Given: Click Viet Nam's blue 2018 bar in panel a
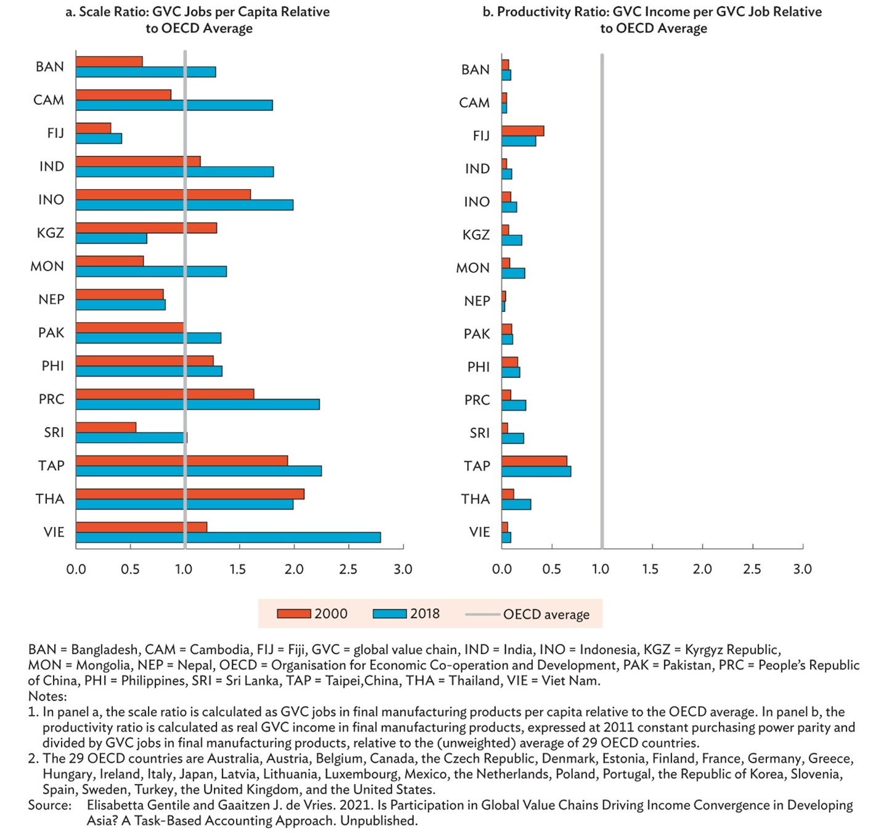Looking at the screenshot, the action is click(228, 537).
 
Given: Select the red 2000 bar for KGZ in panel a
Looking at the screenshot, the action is click(146, 228).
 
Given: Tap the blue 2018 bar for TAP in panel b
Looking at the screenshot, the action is click(536, 471).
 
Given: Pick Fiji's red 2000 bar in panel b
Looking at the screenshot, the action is click(522, 131).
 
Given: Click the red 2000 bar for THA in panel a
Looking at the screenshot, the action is click(190, 494).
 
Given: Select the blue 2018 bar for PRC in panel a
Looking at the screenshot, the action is click(198, 404).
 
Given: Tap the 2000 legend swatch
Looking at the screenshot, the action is click(293, 614).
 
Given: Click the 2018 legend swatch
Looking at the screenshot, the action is click(390, 614).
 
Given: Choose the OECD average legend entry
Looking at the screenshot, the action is click(527, 614).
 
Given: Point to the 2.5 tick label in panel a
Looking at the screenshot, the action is click(348, 569).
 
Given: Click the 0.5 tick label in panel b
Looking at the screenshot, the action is click(551, 569).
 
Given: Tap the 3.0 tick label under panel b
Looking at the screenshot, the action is click(802, 569).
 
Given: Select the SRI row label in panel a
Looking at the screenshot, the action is click(54, 432).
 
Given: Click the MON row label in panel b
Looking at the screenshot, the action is click(473, 267).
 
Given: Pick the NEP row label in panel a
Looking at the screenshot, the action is click(51, 299).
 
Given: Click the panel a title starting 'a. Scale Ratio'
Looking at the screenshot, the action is click(198, 20).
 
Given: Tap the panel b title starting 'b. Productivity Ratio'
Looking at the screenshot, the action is click(652, 20).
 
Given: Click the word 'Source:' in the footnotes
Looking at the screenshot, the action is click(50, 805).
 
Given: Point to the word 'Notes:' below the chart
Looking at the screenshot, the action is click(47, 696).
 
